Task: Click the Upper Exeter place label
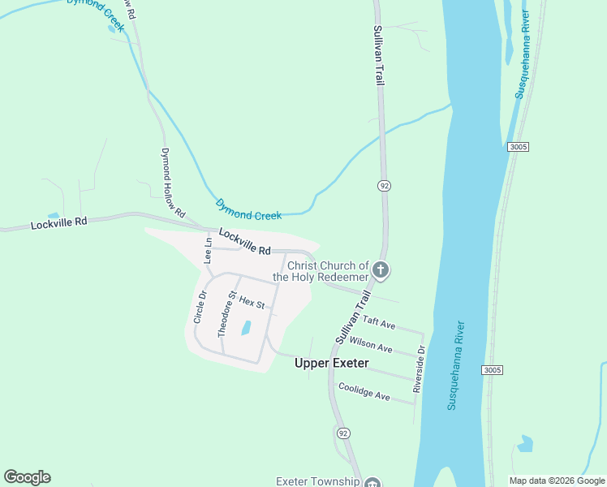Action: (331, 363)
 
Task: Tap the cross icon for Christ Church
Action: (381, 271)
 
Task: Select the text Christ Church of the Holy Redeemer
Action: (321, 271)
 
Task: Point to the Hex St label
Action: (252, 303)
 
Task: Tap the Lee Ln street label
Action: (208, 251)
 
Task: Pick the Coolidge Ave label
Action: (364, 392)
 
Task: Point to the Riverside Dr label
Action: (418, 370)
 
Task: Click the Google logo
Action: (27, 477)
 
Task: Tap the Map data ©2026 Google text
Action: (556, 481)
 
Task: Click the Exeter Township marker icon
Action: (372, 483)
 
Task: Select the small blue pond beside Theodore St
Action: (245, 328)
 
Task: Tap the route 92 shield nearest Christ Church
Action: (384, 186)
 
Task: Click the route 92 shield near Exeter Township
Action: (343, 433)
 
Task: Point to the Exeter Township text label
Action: (317, 481)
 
